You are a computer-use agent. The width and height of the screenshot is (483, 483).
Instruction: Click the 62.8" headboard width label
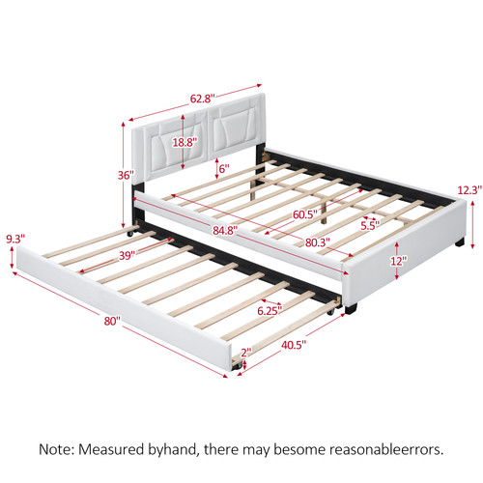202,99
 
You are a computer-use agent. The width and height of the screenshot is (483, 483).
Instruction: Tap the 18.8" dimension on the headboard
185,142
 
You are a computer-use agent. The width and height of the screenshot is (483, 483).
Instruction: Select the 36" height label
126,176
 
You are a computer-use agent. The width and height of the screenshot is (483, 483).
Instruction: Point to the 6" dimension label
224,168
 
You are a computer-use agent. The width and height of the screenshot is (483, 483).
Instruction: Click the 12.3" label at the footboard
469,190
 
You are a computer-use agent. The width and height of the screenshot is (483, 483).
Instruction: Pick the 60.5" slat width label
305,214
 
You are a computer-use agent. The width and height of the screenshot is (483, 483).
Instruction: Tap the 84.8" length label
225,230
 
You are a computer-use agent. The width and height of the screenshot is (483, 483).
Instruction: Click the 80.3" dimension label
318,242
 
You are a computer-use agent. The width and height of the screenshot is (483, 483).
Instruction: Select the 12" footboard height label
397,261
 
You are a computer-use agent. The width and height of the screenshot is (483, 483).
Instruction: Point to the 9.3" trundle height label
15,239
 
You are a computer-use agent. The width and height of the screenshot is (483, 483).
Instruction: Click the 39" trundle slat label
127,256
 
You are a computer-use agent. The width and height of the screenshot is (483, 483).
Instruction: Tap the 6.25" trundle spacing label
270,311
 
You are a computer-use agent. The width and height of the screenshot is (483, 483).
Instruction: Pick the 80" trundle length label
112,321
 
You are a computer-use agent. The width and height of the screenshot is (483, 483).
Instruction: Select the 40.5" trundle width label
294,345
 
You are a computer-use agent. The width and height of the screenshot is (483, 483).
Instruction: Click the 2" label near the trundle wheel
246,353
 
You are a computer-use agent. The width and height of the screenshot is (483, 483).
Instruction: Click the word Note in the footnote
57,449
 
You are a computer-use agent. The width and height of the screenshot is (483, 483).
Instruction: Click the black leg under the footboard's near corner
351,308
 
